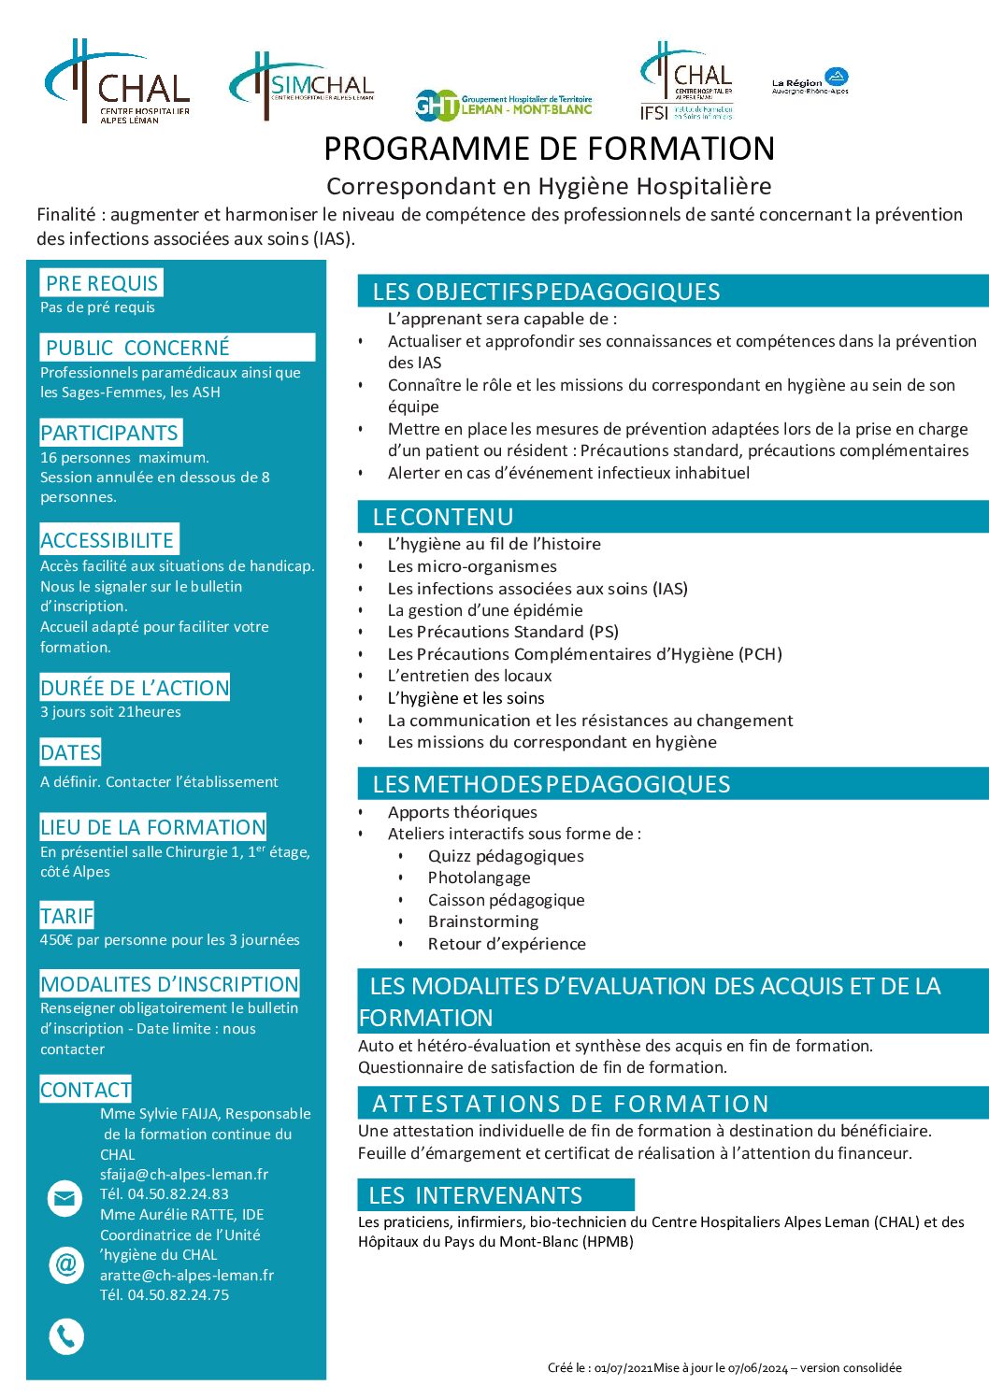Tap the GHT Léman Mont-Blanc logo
[x=503, y=105]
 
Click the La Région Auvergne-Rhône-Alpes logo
[x=810, y=82]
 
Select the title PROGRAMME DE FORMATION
[x=549, y=149]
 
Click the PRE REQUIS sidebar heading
[x=102, y=282]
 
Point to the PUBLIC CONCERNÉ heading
[x=137, y=348]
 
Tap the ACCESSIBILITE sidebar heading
[x=107, y=540]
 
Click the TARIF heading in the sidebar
[x=66, y=916]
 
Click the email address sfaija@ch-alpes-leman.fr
[x=184, y=1175]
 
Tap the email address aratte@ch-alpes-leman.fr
[x=187, y=1275]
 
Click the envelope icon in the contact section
[x=65, y=1197]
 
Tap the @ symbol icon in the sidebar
[x=65, y=1264]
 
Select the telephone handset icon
[x=65, y=1336]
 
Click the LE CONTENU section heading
[x=443, y=517]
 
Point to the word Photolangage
[x=479, y=878]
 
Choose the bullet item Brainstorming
[x=483, y=921]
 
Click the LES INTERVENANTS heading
[x=476, y=1195]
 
